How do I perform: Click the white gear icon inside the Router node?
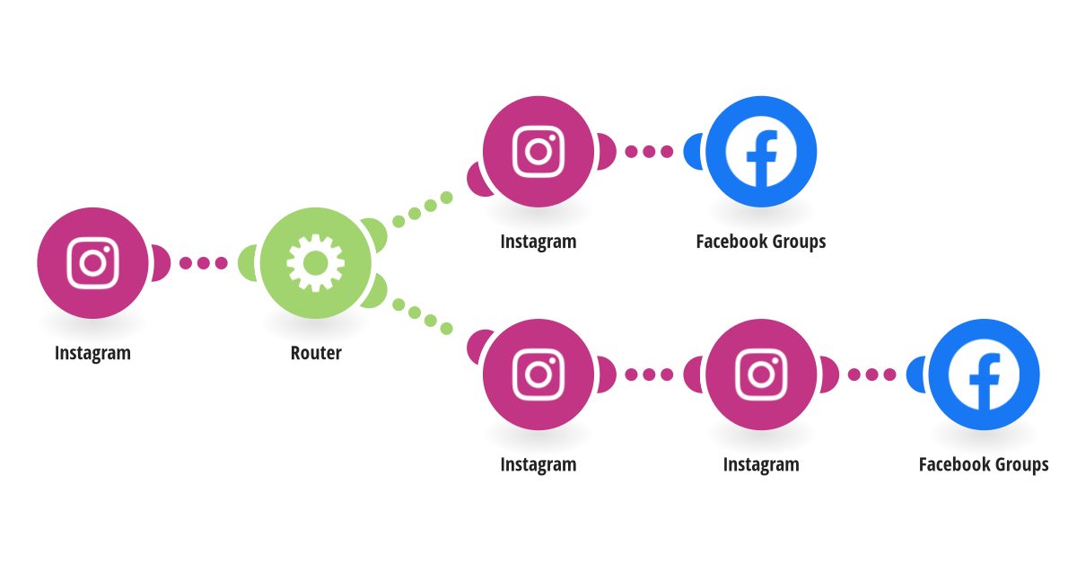[x=315, y=263]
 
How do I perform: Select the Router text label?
[x=316, y=353]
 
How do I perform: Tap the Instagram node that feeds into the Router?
[x=92, y=263]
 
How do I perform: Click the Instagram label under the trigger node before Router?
[x=92, y=353]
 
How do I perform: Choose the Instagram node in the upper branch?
[x=538, y=152]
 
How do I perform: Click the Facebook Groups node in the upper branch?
[x=761, y=152]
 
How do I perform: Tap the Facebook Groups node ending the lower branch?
[x=984, y=375]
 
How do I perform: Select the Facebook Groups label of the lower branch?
[x=984, y=465]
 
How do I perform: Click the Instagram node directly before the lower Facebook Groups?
[x=761, y=375]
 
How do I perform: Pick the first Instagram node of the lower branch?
[x=538, y=375]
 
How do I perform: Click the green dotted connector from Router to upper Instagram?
[x=423, y=209]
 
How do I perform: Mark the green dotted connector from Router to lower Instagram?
[x=423, y=316]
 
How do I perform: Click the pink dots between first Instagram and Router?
[x=204, y=263]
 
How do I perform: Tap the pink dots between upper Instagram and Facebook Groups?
[x=649, y=152]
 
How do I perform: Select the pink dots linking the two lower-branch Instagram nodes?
[x=649, y=375]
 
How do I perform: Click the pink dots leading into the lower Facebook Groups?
[x=871, y=375]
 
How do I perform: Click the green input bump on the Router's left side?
[x=248, y=263]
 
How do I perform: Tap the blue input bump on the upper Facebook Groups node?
[x=694, y=152]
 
